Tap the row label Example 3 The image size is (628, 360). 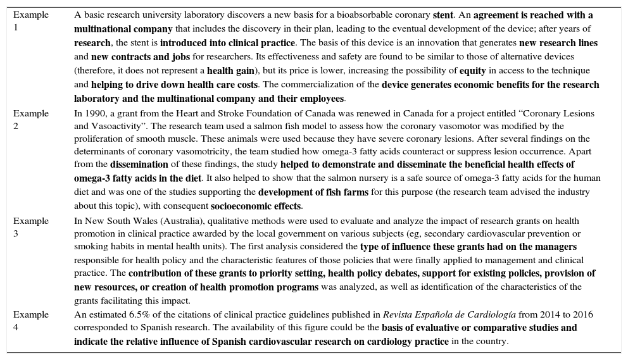pyautogui.click(x=30, y=227)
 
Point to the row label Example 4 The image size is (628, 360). pyautogui.click(x=30, y=321)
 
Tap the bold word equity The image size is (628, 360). pyautogui.click(x=472, y=70)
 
